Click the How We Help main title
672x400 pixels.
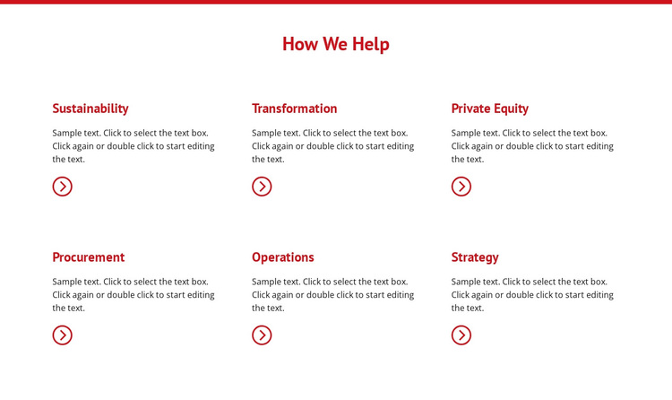click(x=335, y=44)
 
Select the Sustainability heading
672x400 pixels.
click(x=90, y=109)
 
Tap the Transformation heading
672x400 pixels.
click(x=294, y=109)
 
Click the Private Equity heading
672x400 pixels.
click(x=489, y=109)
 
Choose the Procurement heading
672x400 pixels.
click(x=88, y=257)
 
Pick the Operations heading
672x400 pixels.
click(x=282, y=257)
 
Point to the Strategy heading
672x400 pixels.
click(x=475, y=257)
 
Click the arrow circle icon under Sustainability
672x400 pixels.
click(x=62, y=187)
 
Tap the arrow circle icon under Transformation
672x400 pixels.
click(x=262, y=187)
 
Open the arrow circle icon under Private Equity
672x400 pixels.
click(x=461, y=187)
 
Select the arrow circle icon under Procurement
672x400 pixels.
click(x=62, y=335)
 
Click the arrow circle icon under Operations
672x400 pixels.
click(x=262, y=335)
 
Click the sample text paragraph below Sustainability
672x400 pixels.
click(x=134, y=146)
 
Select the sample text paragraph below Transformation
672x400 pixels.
click(x=333, y=146)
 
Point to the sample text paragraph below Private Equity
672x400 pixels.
click(x=532, y=146)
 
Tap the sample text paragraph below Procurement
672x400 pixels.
click(x=134, y=295)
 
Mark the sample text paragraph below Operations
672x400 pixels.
click(x=333, y=295)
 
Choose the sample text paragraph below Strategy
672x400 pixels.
click(x=532, y=295)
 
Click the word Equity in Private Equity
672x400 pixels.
click(x=511, y=109)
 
